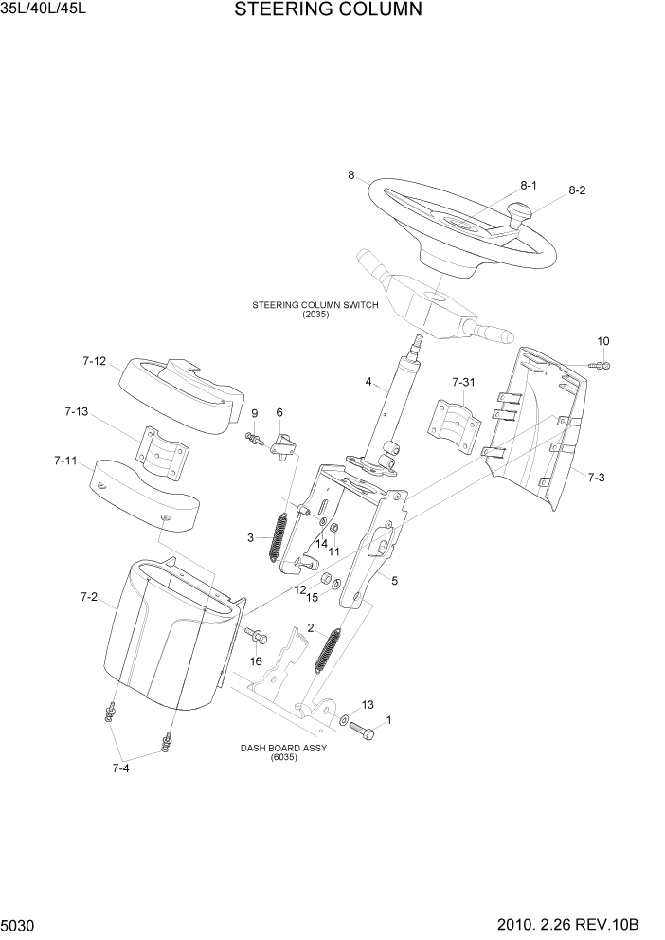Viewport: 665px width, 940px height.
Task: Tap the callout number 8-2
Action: point(578,190)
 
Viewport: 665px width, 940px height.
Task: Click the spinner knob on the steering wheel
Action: point(520,214)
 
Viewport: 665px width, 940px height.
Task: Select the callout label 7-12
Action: point(94,361)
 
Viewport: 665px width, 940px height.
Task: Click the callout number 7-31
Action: point(464,382)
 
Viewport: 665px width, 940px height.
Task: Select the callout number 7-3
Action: point(596,478)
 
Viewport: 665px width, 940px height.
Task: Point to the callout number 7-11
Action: point(65,461)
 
